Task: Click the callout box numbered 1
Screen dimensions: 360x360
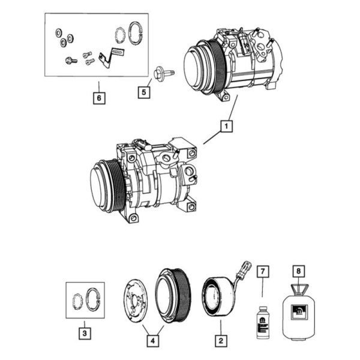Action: click(x=226, y=126)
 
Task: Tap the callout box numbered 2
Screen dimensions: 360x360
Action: click(x=221, y=341)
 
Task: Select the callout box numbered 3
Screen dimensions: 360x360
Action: click(x=85, y=333)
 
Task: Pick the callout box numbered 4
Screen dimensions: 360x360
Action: click(x=153, y=341)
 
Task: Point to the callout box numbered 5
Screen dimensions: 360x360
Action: click(x=144, y=92)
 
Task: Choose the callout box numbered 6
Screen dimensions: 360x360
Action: click(x=99, y=98)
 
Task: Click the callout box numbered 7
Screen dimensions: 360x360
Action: click(x=263, y=272)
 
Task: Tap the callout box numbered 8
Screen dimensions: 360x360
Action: click(x=298, y=271)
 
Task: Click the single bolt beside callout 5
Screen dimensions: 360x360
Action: click(x=164, y=73)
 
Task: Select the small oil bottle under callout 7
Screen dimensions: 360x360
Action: click(x=263, y=322)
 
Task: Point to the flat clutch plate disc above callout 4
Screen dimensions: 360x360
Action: click(x=136, y=301)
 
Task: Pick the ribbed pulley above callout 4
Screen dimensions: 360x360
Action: click(x=172, y=296)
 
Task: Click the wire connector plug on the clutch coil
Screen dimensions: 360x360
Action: click(x=246, y=266)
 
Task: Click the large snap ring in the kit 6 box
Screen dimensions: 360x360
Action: click(x=136, y=32)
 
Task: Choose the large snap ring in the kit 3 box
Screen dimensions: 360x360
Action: click(x=92, y=299)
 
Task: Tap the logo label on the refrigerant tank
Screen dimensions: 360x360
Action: click(x=299, y=312)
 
